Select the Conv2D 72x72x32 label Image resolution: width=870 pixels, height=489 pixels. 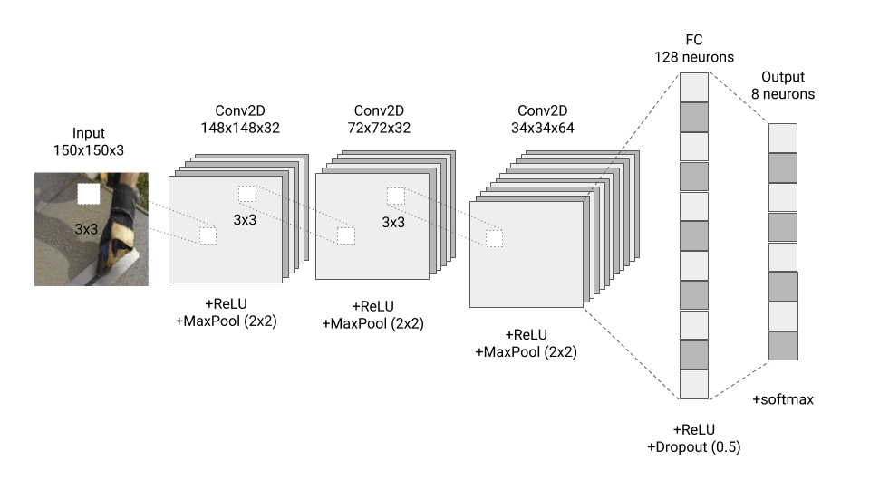click(382, 119)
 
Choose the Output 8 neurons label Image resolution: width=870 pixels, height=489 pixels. click(782, 85)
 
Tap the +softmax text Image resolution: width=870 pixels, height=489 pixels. click(783, 398)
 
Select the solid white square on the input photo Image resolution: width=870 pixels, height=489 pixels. click(89, 194)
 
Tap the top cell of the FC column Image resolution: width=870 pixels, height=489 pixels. click(693, 87)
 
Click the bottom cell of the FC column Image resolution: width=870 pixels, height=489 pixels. click(693, 384)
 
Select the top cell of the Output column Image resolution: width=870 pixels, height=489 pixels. click(783, 138)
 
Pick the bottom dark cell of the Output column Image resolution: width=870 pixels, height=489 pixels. click(783, 346)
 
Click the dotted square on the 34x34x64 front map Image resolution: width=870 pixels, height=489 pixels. click(494, 238)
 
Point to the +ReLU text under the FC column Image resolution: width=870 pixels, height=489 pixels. click(693, 429)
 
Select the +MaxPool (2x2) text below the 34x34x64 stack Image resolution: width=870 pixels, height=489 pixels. click(527, 351)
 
